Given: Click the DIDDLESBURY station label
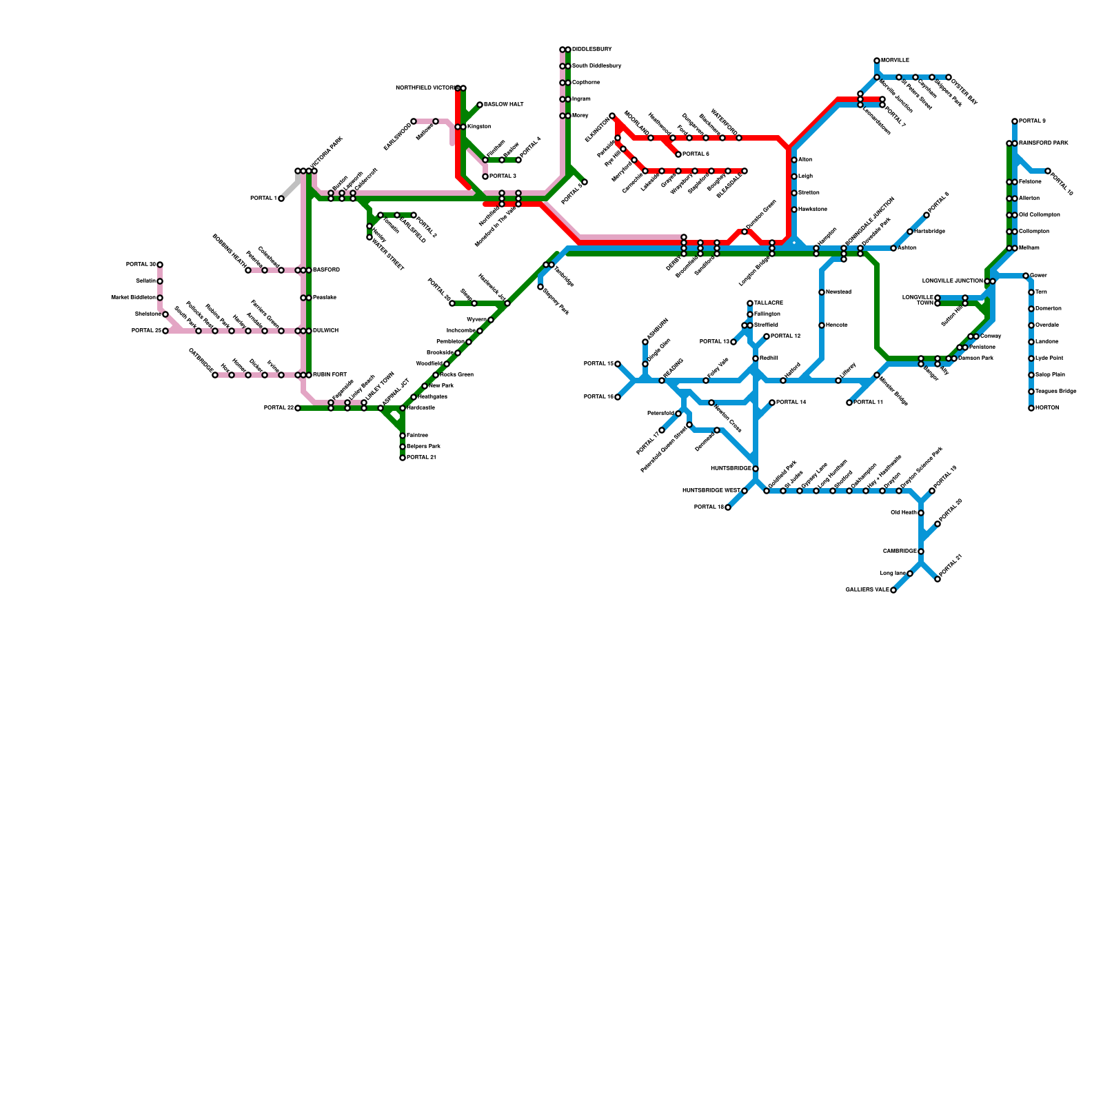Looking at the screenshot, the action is click(591, 50).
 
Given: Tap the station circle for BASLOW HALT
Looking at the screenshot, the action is click(480, 105).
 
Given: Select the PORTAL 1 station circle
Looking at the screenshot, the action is click(281, 199).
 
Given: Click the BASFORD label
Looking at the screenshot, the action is click(326, 270).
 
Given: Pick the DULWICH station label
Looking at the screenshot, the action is click(325, 331).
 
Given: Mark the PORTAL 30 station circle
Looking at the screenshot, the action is click(160, 265).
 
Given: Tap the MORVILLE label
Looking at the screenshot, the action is click(895, 61).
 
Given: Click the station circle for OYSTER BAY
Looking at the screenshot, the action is click(949, 77).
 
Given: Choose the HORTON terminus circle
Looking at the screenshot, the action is click(1031, 408).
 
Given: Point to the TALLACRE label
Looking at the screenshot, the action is click(768, 303).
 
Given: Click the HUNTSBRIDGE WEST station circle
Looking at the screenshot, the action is click(745, 491).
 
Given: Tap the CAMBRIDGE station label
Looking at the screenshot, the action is click(900, 551).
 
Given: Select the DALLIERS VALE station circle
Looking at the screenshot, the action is click(893, 590).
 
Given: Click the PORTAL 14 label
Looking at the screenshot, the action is click(791, 403).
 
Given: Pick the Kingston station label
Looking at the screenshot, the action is click(478, 127).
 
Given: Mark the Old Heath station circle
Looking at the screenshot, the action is click(921, 513).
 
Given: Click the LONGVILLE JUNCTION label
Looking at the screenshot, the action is click(952, 281).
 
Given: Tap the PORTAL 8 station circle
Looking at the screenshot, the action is click(1015, 121).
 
